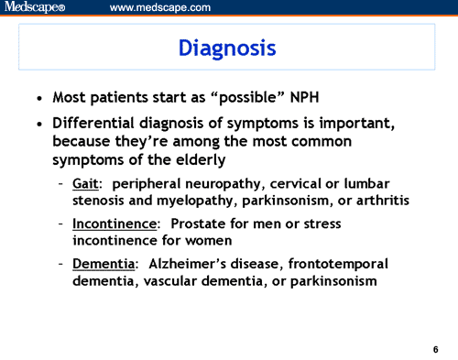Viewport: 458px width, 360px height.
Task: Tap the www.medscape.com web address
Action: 159,8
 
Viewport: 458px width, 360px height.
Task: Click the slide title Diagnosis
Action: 226,47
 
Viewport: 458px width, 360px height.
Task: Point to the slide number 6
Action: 435,349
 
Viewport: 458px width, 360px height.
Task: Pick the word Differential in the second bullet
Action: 93,125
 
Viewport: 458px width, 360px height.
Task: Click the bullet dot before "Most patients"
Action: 38,98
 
